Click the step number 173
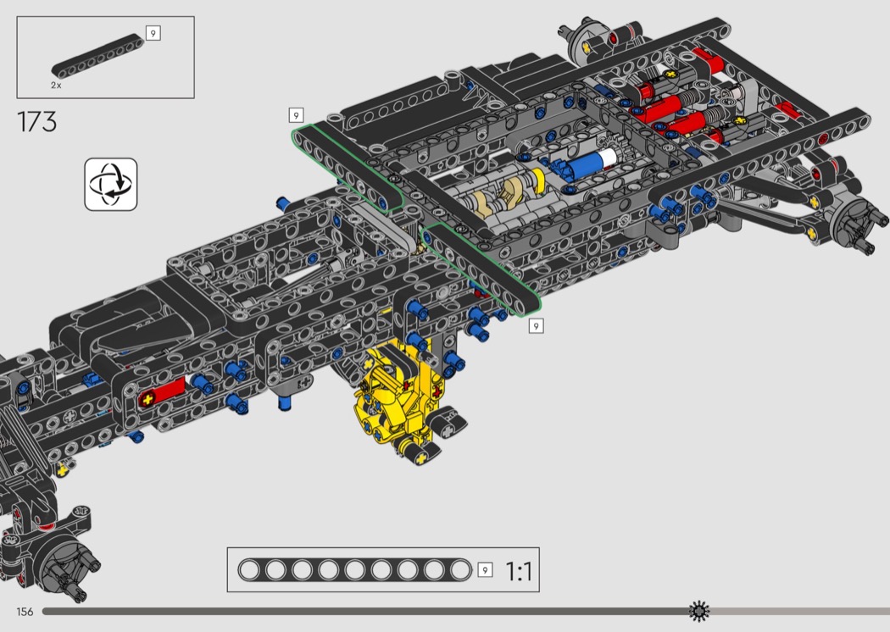pos(37,121)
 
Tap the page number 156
pos(25,612)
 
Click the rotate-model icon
pos(111,185)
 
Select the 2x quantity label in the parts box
pos(56,85)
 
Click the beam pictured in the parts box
pos(97,56)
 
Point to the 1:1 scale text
pos(519,571)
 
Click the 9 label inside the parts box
pos(153,34)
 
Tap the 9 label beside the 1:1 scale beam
pos(485,569)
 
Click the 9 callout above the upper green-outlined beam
pos(296,115)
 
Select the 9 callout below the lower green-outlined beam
pos(536,326)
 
